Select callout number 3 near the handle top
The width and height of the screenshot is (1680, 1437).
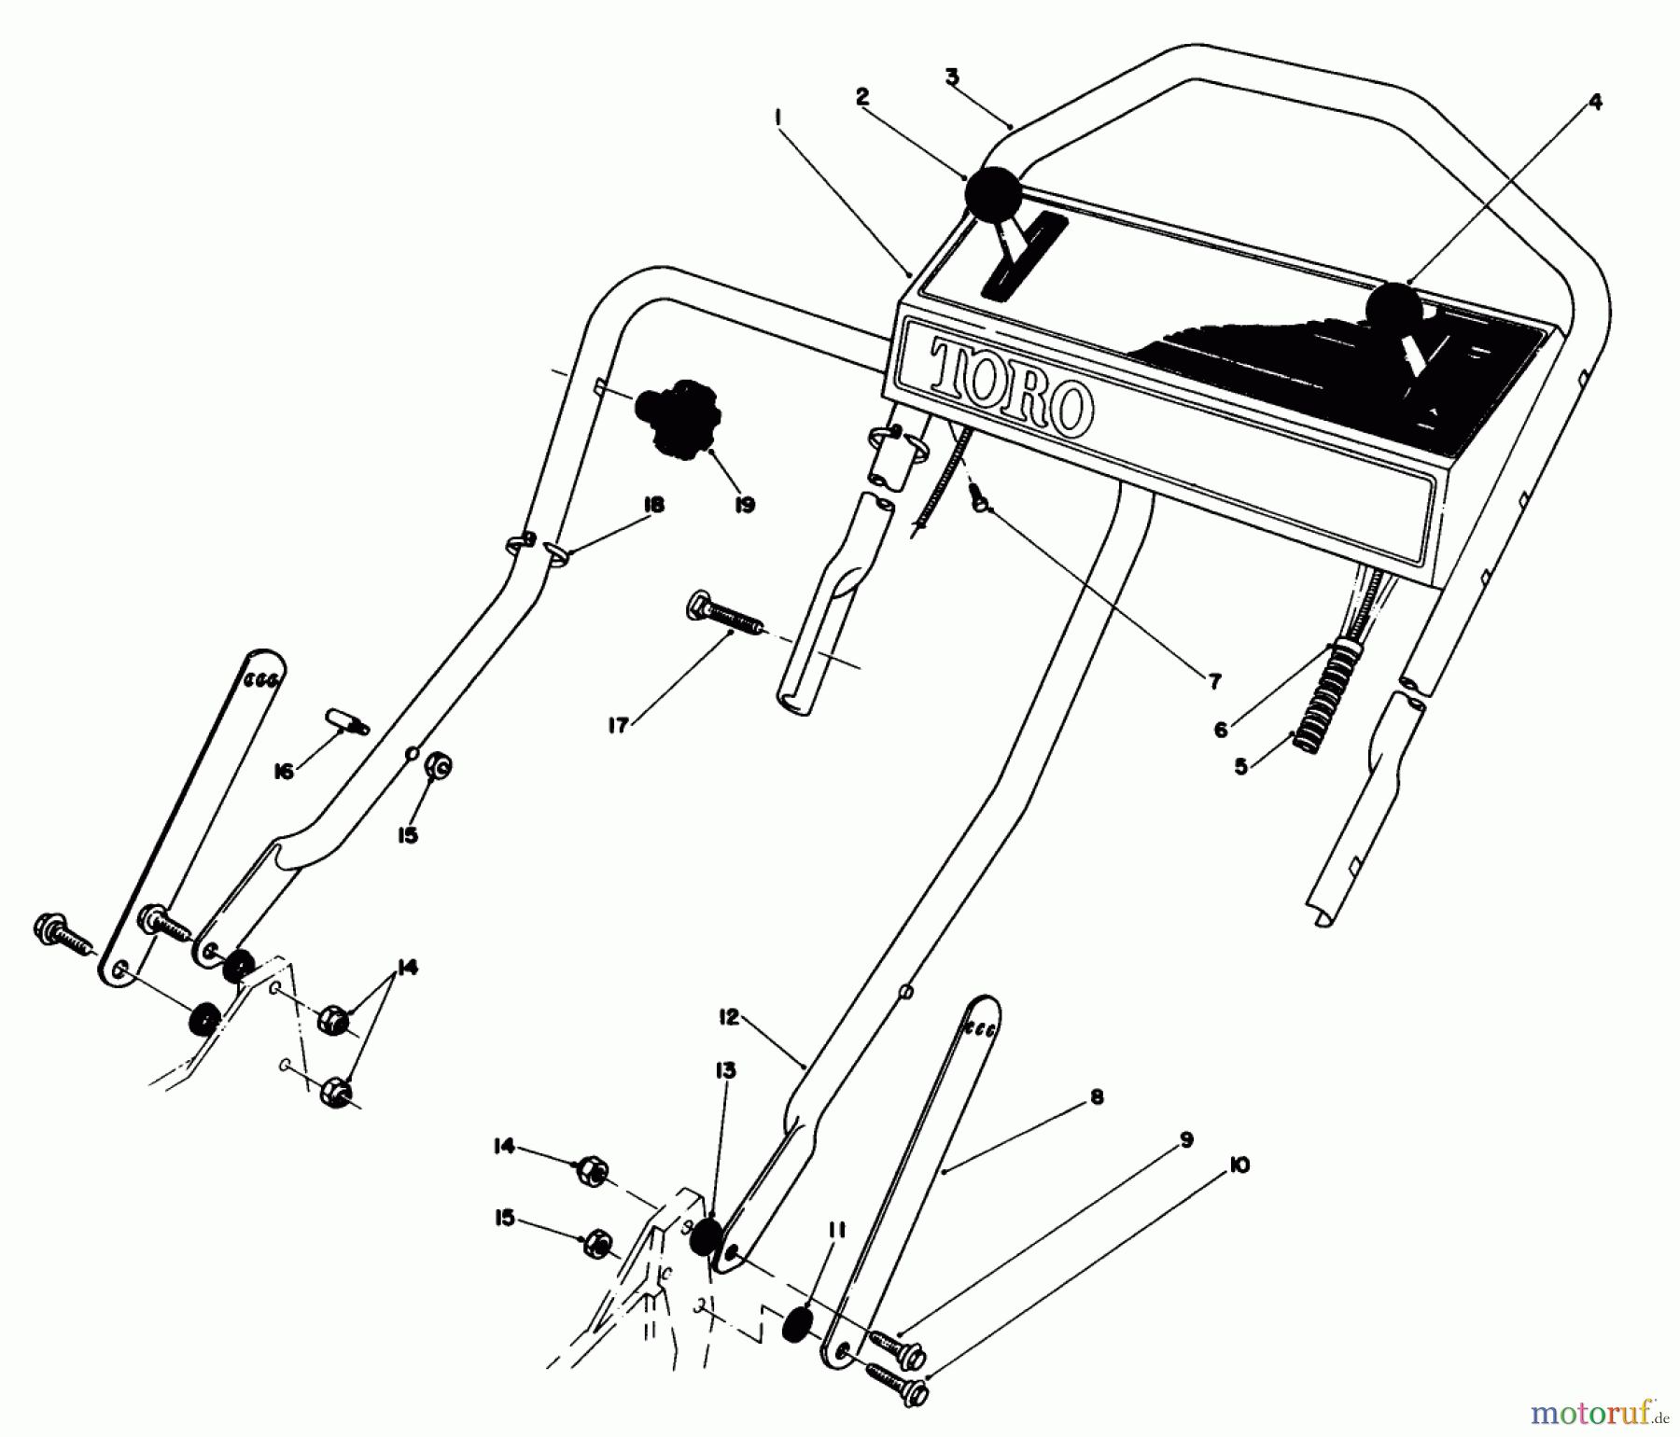click(951, 77)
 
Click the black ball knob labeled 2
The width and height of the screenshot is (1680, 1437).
click(993, 194)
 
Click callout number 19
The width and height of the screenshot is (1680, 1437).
click(744, 505)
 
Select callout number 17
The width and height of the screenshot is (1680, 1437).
click(619, 725)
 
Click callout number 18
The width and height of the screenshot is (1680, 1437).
click(652, 505)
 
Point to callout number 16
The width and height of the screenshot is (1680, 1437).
click(284, 771)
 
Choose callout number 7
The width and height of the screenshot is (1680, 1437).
click(1213, 683)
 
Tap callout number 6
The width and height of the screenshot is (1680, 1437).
click(1221, 730)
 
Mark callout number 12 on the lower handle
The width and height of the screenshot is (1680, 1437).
click(729, 1017)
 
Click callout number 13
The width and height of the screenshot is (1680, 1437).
click(725, 1070)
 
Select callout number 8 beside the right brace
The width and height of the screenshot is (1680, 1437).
click(1097, 1097)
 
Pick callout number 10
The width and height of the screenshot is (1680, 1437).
click(1240, 1165)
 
